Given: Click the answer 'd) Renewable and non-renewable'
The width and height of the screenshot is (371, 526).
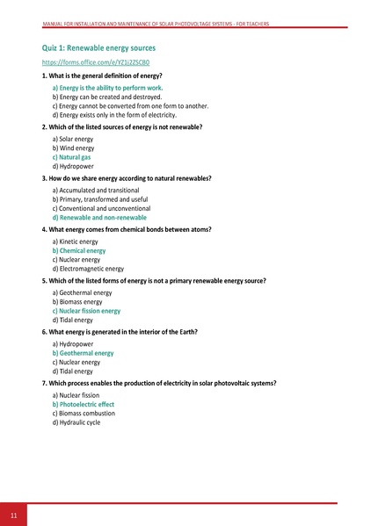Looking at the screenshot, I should (x=101, y=217).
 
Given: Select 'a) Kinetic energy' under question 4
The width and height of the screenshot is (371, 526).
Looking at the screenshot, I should (x=76, y=241).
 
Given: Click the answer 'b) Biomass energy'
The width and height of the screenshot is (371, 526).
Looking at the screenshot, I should (x=77, y=301).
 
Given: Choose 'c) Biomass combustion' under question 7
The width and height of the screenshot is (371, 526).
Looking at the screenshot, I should (x=84, y=414).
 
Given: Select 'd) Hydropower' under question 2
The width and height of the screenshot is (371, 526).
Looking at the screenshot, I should (x=73, y=166).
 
